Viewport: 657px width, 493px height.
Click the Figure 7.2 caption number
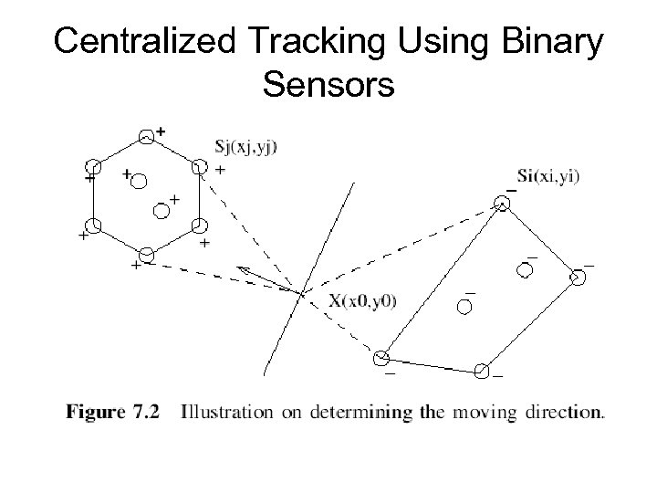click(114, 412)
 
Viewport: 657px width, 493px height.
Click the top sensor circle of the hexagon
click(146, 136)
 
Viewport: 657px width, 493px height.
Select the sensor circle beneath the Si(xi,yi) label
click(501, 205)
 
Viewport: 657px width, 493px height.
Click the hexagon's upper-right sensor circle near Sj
click(199, 167)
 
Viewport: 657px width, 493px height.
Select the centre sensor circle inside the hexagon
click(160, 212)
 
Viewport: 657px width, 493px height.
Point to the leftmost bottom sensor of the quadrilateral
click(382, 357)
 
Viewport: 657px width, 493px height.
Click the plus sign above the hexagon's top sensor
click(161, 131)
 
